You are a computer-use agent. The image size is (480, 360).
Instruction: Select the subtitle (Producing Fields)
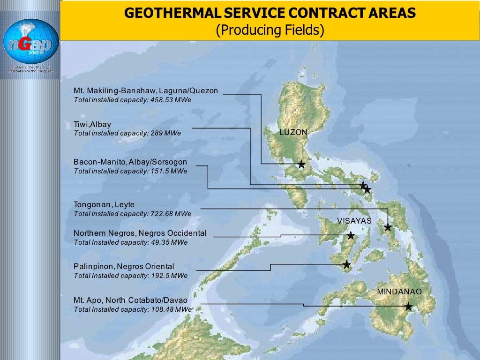(270, 30)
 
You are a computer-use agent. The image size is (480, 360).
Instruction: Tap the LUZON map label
(293, 133)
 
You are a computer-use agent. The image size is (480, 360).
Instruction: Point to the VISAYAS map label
(354, 221)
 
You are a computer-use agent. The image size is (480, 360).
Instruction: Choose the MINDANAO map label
(399, 292)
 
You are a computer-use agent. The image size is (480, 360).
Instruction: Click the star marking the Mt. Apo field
(408, 307)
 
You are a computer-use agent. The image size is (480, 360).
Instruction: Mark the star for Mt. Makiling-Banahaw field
(301, 164)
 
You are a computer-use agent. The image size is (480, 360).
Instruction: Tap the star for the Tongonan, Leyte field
(388, 227)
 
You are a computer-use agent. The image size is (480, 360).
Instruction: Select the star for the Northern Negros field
(351, 235)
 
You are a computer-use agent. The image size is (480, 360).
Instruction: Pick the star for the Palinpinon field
(346, 265)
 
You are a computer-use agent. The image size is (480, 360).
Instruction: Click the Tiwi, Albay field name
(92, 124)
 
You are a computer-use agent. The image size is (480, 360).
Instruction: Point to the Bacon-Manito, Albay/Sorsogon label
(130, 162)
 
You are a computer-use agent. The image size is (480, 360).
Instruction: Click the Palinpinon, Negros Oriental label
(124, 266)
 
